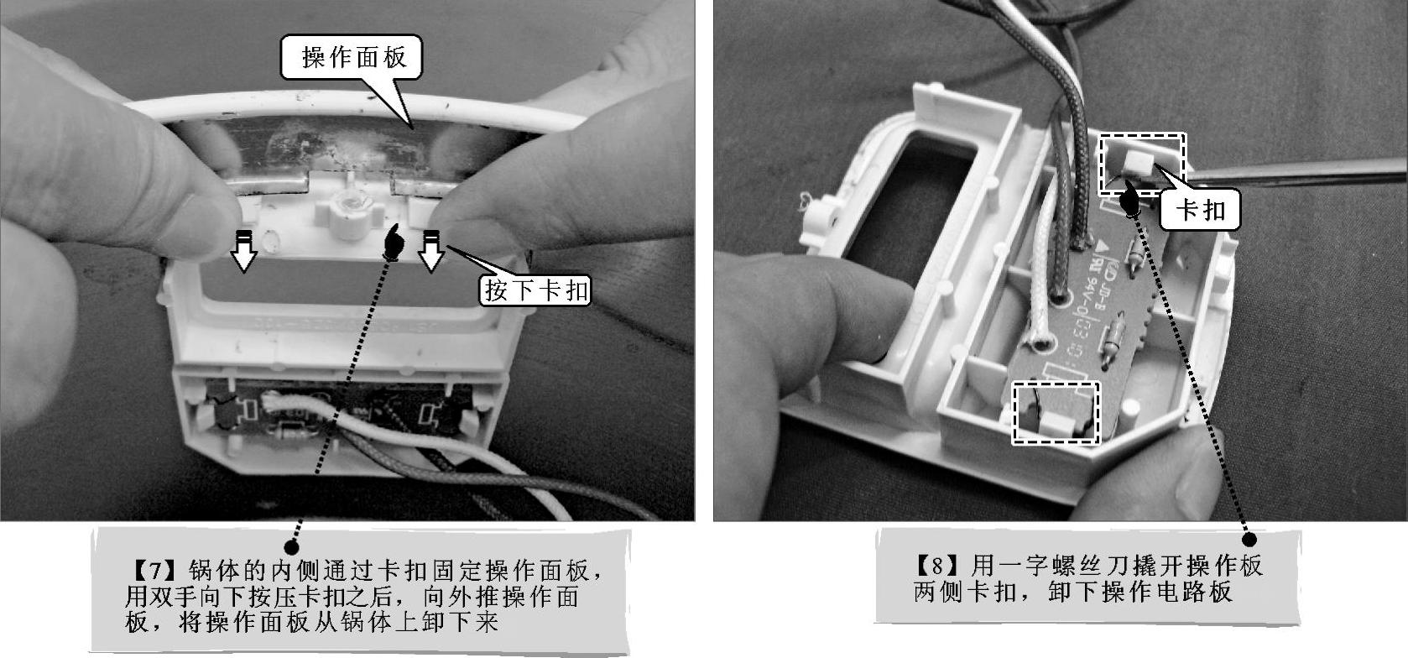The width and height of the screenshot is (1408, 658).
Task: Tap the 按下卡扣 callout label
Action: (535, 290)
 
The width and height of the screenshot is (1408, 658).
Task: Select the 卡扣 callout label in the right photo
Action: (1199, 210)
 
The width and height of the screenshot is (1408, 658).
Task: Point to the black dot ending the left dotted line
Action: (291, 546)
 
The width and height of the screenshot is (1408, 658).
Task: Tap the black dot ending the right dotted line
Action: (1249, 539)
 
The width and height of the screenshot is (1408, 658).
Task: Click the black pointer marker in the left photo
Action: (393, 242)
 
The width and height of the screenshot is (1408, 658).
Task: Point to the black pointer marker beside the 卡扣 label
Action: (1129, 200)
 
